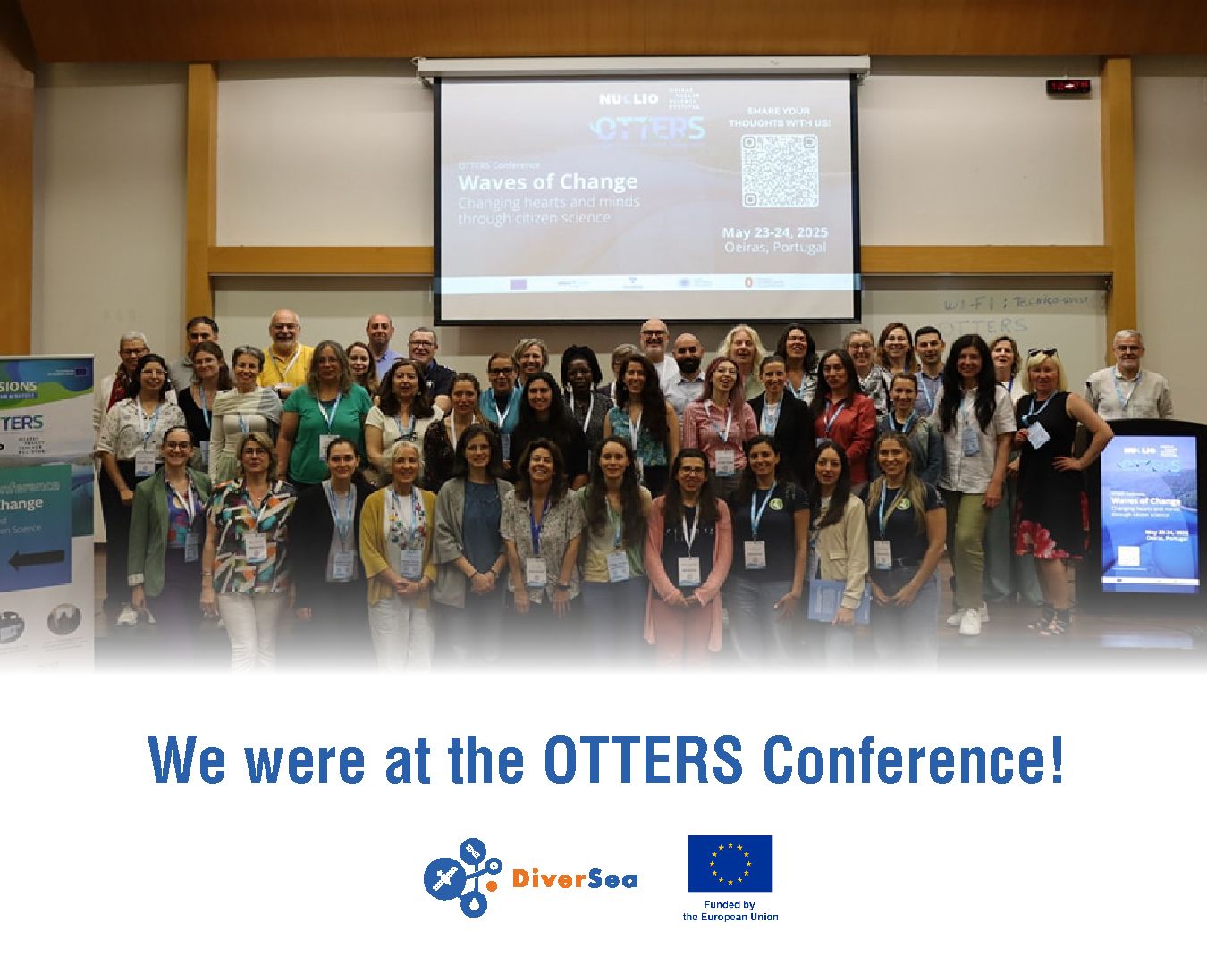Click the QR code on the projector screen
click(x=780, y=170)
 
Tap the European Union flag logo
click(x=730, y=863)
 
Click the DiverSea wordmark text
click(x=575, y=879)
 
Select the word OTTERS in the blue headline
click(x=643, y=760)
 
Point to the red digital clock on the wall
click(x=1068, y=87)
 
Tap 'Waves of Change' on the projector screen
click(x=547, y=182)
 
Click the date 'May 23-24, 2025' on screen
click(x=774, y=232)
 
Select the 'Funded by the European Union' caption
click(x=730, y=910)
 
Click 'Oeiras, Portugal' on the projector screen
click(x=774, y=248)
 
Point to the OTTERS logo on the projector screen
click(x=649, y=129)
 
